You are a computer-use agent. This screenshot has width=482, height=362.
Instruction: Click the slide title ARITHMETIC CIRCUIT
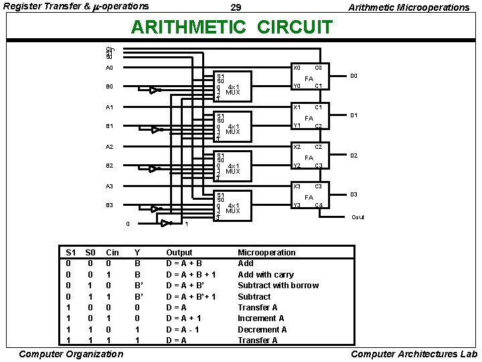pos(232,27)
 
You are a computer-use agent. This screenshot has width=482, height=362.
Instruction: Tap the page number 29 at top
pos(236,7)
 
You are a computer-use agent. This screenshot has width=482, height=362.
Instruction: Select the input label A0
pos(109,68)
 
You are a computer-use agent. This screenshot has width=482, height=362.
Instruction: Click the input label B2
pos(109,166)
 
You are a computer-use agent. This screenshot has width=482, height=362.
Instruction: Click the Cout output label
pos(358,217)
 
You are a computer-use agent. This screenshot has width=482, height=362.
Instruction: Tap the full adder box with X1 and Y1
pos(309,117)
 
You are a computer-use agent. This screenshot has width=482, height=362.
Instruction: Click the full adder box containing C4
pos(309,196)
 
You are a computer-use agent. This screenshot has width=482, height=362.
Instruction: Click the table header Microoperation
pos(266,253)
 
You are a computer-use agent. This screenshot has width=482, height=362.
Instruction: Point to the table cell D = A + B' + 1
pos(195,296)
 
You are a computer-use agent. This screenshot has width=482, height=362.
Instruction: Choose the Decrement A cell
pos(262,329)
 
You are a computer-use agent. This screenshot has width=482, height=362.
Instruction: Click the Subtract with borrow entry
pos(278,286)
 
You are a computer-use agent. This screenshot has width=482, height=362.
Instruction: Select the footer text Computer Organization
pos(70,354)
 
